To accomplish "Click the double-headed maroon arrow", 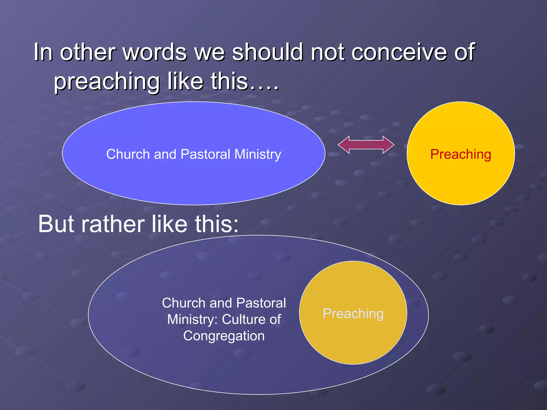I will tap(366, 145).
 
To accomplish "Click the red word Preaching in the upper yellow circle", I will tap(460, 154).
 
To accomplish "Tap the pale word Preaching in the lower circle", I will tap(353, 313).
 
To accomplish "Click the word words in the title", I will tap(155, 52).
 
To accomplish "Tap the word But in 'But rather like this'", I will tap(56, 224).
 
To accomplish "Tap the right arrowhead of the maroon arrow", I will tap(388, 145).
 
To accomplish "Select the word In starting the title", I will tap(43, 52).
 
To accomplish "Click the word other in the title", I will tap(87, 52).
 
